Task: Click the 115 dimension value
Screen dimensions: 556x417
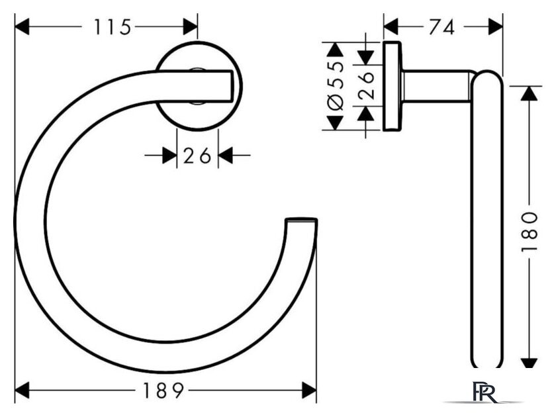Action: tap(113, 27)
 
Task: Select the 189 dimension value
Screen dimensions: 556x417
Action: tap(163, 391)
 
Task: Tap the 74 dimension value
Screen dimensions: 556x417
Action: tap(441, 27)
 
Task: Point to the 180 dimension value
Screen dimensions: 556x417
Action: tap(530, 232)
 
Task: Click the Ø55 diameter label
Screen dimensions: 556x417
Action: tap(335, 86)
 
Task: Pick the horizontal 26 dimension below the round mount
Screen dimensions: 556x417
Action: tap(197, 156)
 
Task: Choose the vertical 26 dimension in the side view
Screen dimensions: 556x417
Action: tap(366, 85)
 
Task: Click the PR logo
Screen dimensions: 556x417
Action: tap(485, 392)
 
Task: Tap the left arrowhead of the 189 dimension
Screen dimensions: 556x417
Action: tap(22, 391)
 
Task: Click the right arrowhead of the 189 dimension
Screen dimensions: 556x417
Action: tap(309, 391)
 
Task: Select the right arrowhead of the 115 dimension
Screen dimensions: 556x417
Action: tap(191, 27)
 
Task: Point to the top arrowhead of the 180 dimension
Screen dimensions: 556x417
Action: tap(529, 93)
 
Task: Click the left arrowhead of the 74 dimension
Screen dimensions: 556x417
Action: tap(391, 27)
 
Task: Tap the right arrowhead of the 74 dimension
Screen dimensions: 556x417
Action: tap(495, 27)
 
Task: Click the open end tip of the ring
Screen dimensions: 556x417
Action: tap(301, 220)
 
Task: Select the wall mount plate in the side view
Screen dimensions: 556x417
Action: tap(393, 87)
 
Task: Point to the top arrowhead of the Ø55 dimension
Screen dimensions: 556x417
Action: tap(335, 49)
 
